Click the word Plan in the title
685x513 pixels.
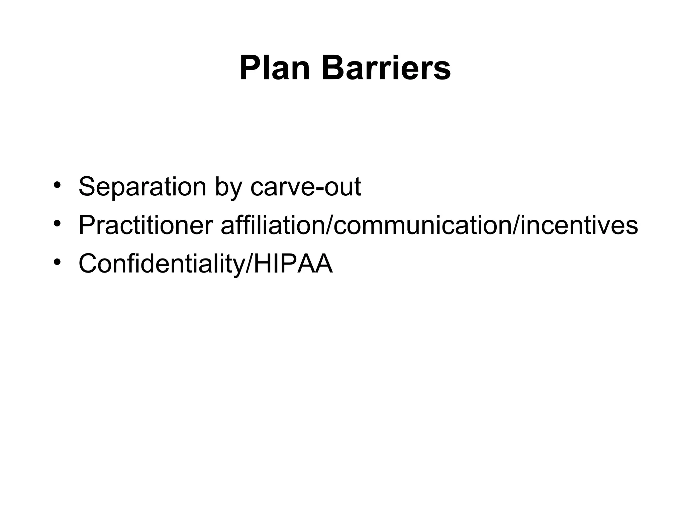(x=275, y=68)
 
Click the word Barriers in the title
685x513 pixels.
(x=386, y=68)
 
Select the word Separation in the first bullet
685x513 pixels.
(x=142, y=187)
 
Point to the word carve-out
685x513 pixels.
(x=306, y=187)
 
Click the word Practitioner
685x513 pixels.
(x=145, y=225)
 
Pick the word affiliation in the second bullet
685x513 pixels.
(x=272, y=225)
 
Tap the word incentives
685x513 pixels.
(x=579, y=225)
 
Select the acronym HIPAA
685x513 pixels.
(x=293, y=264)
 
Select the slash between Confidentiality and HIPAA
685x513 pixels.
(x=249, y=264)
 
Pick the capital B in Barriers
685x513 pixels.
(x=332, y=68)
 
